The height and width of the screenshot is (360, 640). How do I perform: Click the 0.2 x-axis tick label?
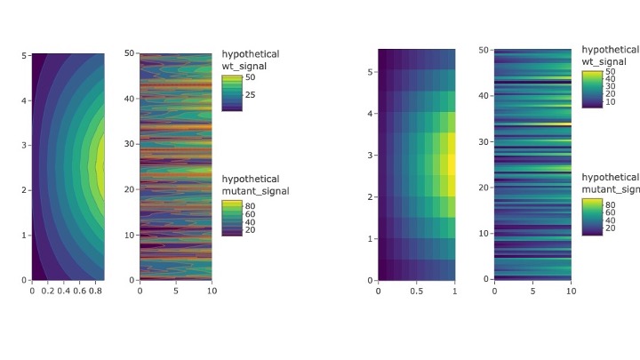[47, 291]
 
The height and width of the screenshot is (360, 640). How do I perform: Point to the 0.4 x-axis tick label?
[64, 291]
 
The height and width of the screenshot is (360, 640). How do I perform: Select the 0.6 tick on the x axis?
[80, 291]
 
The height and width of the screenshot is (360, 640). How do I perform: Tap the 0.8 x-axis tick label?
[96, 291]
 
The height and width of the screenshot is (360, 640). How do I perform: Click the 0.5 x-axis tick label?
[417, 291]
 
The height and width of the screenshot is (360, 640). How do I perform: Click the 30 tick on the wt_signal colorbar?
[612, 85]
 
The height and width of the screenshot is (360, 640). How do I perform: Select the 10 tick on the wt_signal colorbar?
[612, 102]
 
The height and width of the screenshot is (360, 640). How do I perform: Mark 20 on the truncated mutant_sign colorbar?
[612, 228]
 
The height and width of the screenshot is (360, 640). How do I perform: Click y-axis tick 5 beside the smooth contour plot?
[25, 55]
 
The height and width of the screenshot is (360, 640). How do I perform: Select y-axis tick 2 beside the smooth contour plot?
[25, 190]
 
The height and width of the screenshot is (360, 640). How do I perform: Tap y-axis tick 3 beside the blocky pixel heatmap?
[371, 156]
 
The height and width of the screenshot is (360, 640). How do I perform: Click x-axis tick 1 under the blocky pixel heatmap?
[454, 291]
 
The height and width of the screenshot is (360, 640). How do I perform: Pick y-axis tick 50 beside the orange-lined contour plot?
[130, 53]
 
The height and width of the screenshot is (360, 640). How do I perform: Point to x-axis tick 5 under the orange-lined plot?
[175, 291]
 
